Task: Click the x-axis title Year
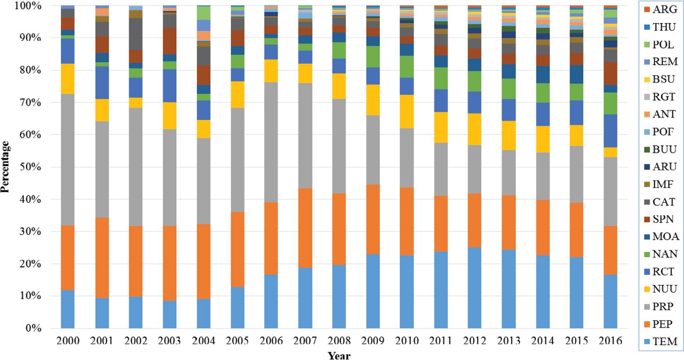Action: point(339,355)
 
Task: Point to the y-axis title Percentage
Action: point(5,167)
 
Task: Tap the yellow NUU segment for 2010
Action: point(407,111)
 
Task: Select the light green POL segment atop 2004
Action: point(204,13)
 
